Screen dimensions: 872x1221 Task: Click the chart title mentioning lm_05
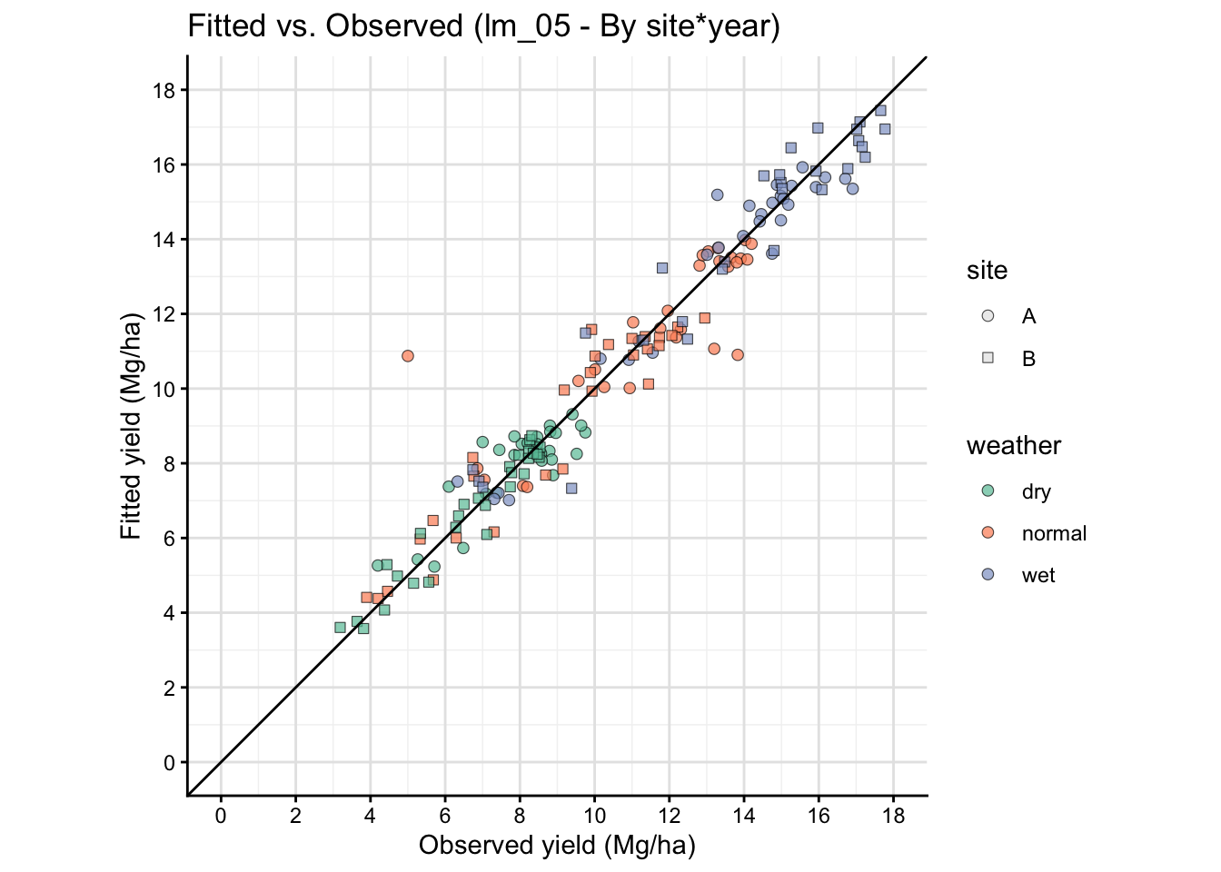483,26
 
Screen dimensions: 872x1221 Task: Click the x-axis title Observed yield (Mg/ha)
557,846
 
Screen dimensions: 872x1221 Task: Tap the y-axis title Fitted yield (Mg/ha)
132,426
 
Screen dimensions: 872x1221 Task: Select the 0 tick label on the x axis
221,816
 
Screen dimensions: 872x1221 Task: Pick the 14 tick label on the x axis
743,816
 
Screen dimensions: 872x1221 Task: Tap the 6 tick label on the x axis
445,816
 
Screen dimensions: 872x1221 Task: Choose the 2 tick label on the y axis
170,688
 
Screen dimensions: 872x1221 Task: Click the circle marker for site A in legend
988,316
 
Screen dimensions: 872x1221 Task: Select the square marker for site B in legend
988,358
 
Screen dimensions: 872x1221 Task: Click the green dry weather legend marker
988,491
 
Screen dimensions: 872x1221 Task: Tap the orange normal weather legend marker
988,533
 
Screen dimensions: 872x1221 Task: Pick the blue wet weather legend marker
988,575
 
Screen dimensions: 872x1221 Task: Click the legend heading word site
987,271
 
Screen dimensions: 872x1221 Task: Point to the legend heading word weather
1013,446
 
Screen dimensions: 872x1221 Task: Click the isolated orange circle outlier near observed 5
408,356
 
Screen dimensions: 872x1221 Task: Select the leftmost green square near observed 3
340,628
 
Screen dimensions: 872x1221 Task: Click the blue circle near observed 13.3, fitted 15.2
717,194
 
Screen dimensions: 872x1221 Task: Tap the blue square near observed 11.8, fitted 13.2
662,268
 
